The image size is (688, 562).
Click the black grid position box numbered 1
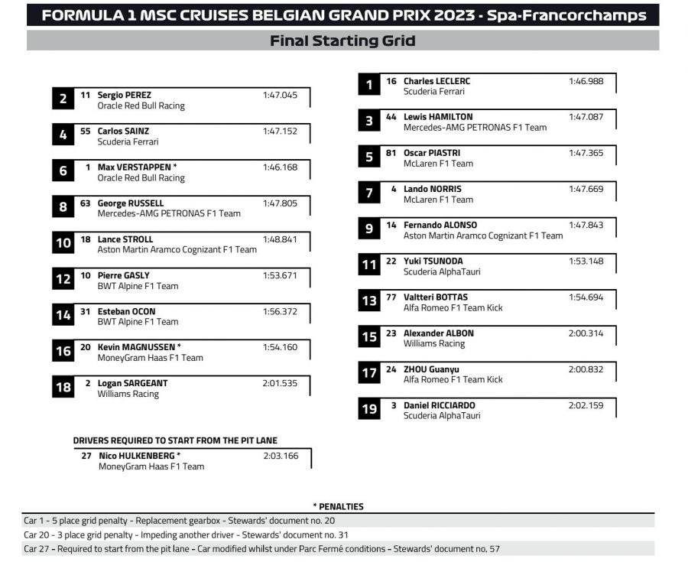click(x=369, y=85)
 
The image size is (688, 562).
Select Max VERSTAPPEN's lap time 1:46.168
click(x=280, y=167)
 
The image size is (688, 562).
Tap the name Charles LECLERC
click(x=436, y=81)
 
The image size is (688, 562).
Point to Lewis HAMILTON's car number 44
click(x=391, y=117)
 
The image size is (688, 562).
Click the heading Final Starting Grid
click(x=342, y=41)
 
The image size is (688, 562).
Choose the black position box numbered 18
click(x=63, y=388)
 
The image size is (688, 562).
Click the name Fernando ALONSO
click(x=440, y=225)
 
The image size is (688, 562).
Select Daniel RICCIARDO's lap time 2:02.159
click(x=586, y=405)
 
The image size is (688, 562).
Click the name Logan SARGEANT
click(x=132, y=383)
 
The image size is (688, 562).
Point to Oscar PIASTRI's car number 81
click(x=391, y=153)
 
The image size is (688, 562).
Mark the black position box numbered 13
click(x=369, y=301)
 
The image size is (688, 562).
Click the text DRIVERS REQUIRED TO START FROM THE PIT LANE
click(x=175, y=440)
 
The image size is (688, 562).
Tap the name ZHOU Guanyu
click(x=431, y=369)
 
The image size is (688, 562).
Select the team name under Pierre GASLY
click(x=138, y=286)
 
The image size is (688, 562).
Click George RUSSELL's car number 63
click(x=86, y=203)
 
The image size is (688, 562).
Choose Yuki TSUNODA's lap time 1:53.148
click(x=586, y=261)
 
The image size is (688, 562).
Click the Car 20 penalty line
click(x=186, y=535)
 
